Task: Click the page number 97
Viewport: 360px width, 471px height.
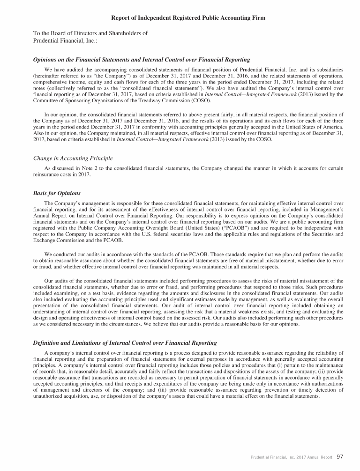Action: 340,456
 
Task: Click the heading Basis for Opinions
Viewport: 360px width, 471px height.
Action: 56,193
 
